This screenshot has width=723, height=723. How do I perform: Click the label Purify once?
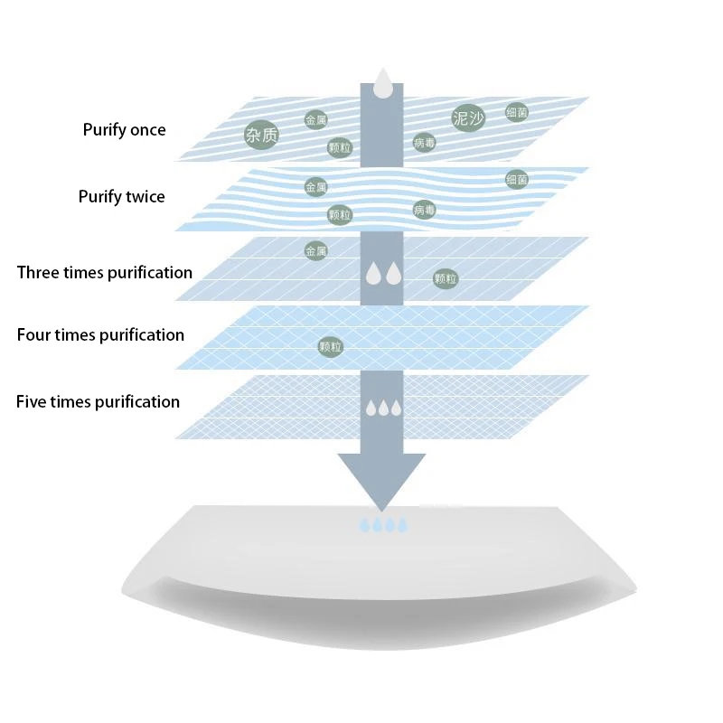(x=125, y=130)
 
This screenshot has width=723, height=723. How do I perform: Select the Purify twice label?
(x=122, y=197)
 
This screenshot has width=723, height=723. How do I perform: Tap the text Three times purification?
(x=105, y=272)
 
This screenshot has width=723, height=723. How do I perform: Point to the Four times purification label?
(x=100, y=335)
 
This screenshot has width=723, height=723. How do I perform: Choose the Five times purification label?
(x=98, y=402)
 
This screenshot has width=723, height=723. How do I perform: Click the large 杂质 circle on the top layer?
(x=261, y=136)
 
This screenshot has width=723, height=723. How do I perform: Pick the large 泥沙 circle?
(x=467, y=117)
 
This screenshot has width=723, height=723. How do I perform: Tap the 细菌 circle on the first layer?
(x=517, y=113)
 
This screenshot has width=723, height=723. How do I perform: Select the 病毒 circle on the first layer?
(x=425, y=142)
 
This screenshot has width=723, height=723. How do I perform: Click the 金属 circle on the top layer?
(x=315, y=119)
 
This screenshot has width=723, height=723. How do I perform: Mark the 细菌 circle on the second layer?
(x=516, y=179)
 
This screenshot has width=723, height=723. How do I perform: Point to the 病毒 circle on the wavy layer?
(x=425, y=210)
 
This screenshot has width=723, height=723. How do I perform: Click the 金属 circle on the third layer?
(x=315, y=251)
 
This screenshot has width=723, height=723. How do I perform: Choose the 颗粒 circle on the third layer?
(x=446, y=279)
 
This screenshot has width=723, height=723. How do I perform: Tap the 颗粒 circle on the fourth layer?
(x=331, y=346)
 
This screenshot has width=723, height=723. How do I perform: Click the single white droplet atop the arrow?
(x=382, y=82)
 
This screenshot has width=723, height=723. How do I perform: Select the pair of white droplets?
(x=382, y=273)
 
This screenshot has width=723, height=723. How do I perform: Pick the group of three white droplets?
(x=383, y=408)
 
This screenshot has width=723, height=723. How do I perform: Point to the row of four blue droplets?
(x=383, y=524)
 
